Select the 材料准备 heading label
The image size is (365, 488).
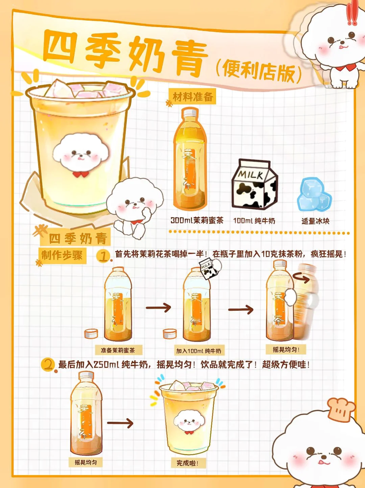[x=193, y=97]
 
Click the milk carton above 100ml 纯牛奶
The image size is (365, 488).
[x=254, y=184]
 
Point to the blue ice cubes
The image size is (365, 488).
[x=314, y=194]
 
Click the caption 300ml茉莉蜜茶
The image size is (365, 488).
[x=197, y=220]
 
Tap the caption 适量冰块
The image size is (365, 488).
[x=315, y=221]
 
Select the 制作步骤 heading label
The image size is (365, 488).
[x=62, y=255]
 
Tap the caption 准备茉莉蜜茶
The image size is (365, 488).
[x=118, y=351]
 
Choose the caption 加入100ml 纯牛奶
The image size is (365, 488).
[x=199, y=351]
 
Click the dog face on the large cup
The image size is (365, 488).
[x=81, y=154]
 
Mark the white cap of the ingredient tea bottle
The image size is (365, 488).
[x=190, y=113]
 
